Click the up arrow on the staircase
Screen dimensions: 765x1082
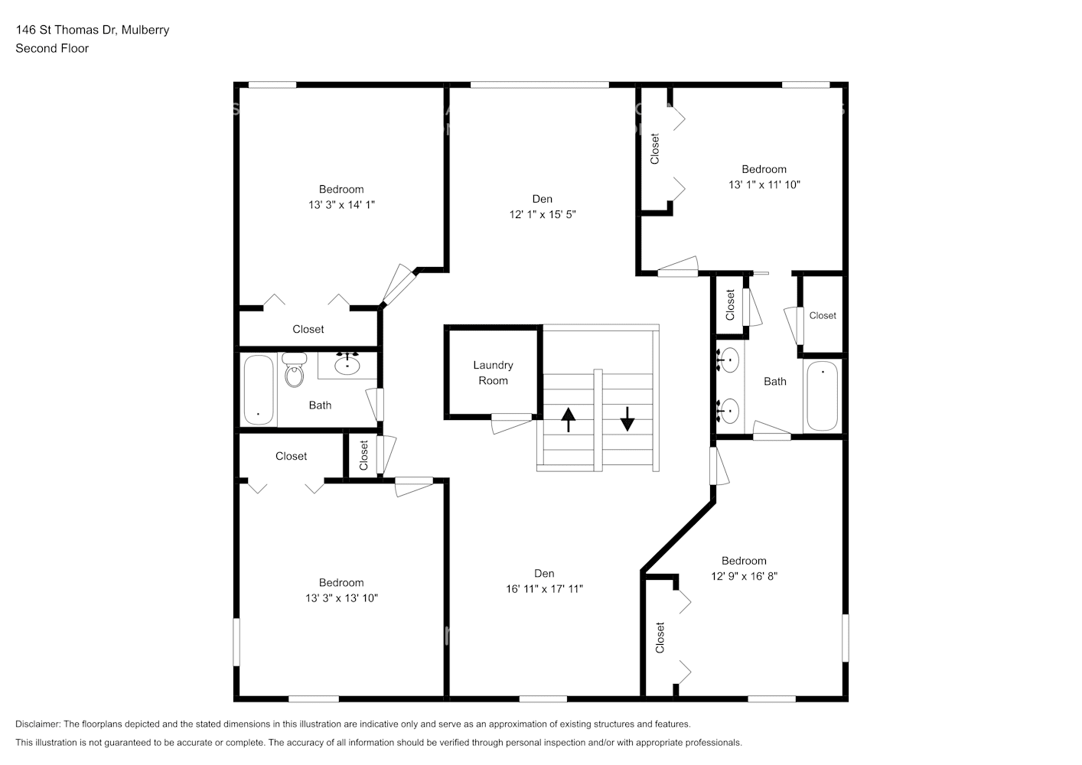[x=568, y=420]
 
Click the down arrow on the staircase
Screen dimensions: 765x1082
[x=627, y=418]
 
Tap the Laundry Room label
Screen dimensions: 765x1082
[x=493, y=373]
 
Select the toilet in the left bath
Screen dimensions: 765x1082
[x=294, y=370]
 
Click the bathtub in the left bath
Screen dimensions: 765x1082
[x=259, y=390]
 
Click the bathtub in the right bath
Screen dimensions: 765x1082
[x=823, y=396]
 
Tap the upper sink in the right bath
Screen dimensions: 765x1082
[x=729, y=360]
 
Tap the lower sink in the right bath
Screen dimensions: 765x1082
[x=729, y=411]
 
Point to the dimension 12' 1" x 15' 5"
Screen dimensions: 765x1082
[x=542, y=215]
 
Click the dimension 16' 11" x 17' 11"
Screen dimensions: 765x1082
[x=544, y=589]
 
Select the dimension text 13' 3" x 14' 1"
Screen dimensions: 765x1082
[x=341, y=205]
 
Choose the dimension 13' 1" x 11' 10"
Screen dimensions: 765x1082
[x=764, y=184]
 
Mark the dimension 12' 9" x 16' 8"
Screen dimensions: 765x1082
[x=744, y=576]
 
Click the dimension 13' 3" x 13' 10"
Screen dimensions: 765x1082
[x=341, y=598]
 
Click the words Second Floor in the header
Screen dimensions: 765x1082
[x=52, y=48]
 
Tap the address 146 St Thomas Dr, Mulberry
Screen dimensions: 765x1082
[x=93, y=30]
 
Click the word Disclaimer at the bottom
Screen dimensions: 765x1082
[x=37, y=724]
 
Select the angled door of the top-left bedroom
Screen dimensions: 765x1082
[x=398, y=285]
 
